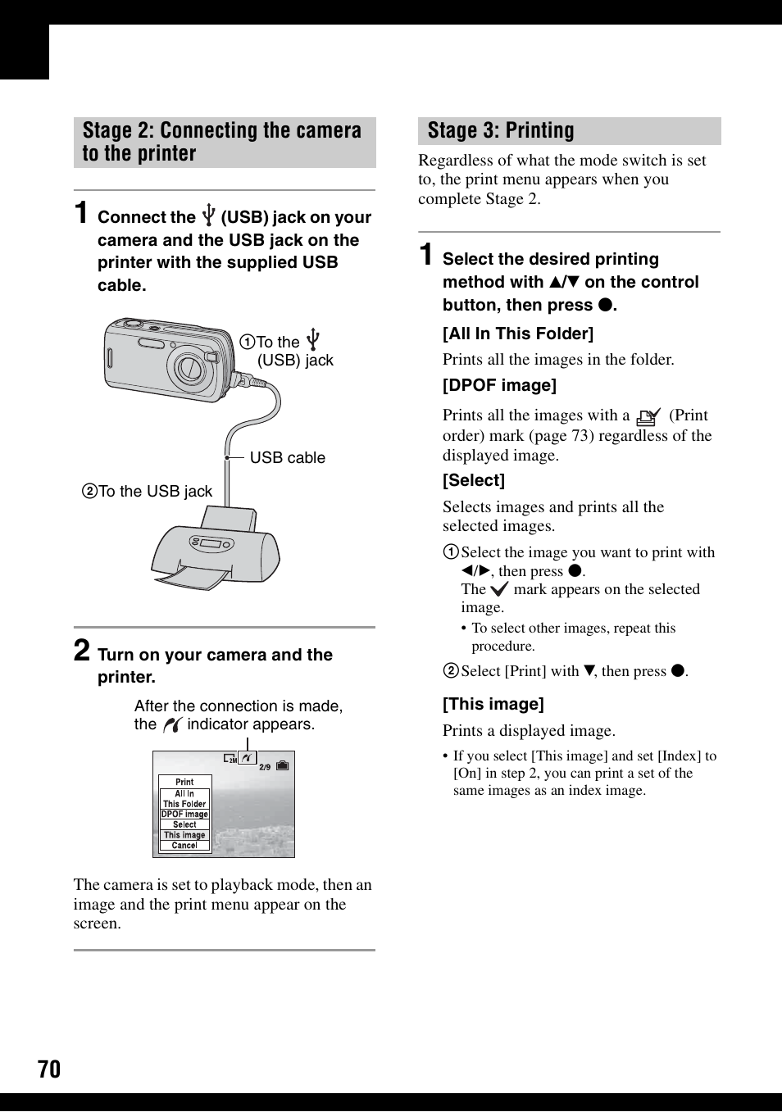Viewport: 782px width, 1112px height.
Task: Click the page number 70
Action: point(49,1069)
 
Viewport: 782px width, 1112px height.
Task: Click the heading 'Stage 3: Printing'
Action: point(500,131)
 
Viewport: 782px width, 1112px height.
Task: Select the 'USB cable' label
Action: point(287,458)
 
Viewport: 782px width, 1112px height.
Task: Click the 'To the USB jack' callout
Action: point(148,492)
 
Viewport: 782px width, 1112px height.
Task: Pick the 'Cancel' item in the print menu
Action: point(184,846)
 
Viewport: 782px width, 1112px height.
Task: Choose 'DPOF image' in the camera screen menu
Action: point(184,815)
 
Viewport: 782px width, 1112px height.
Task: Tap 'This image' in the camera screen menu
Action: point(184,835)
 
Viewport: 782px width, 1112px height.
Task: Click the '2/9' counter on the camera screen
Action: point(265,767)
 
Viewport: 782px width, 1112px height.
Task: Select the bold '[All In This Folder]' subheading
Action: point(518,334)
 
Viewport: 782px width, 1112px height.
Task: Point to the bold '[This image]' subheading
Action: point(493,704)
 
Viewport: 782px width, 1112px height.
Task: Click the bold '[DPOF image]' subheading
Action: point(499,385)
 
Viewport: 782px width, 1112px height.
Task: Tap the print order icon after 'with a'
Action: point(648,416)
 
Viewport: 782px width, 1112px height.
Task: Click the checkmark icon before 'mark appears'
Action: point(499,589)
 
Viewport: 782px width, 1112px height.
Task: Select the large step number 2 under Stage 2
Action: point(82,651)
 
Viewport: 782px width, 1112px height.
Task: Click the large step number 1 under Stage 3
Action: point(426,255)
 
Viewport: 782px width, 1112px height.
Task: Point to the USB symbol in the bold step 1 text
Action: point(208,216)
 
